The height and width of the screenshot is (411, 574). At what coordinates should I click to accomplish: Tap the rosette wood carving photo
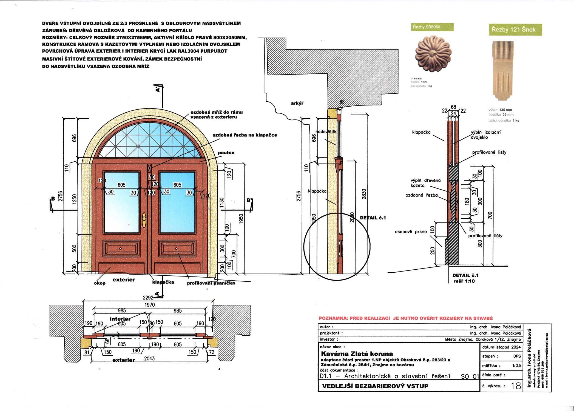click(433, 53)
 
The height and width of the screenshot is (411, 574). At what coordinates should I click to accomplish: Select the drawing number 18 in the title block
click(516, 386)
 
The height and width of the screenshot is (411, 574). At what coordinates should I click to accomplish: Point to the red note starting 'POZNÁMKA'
click(406, 318)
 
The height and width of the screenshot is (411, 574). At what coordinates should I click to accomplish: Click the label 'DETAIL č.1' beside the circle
click(373, 218)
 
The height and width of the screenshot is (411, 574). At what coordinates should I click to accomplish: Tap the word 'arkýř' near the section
click(297, 103)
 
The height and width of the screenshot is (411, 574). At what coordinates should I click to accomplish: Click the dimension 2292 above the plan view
click(148, 298)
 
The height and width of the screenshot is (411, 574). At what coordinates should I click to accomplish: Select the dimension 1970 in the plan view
click(150, 305)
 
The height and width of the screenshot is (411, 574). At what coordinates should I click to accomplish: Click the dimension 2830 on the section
click(364, 194)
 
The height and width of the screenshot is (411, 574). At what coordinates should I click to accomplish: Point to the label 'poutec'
click(226, 153)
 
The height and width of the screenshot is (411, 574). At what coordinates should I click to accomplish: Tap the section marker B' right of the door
click(249, 201)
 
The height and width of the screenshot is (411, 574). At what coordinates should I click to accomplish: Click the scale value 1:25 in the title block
click(516, 366)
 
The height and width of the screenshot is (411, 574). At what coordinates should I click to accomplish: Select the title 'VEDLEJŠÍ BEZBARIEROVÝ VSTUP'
click(375, 386)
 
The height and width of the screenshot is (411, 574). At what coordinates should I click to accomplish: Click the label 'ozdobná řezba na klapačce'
click(245, 135)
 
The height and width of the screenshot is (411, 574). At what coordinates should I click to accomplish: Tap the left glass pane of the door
click(122, 202)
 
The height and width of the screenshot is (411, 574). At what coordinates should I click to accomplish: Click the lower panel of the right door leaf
click(177, 249)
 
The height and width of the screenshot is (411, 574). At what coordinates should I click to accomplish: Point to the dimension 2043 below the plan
click(149, 358)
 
